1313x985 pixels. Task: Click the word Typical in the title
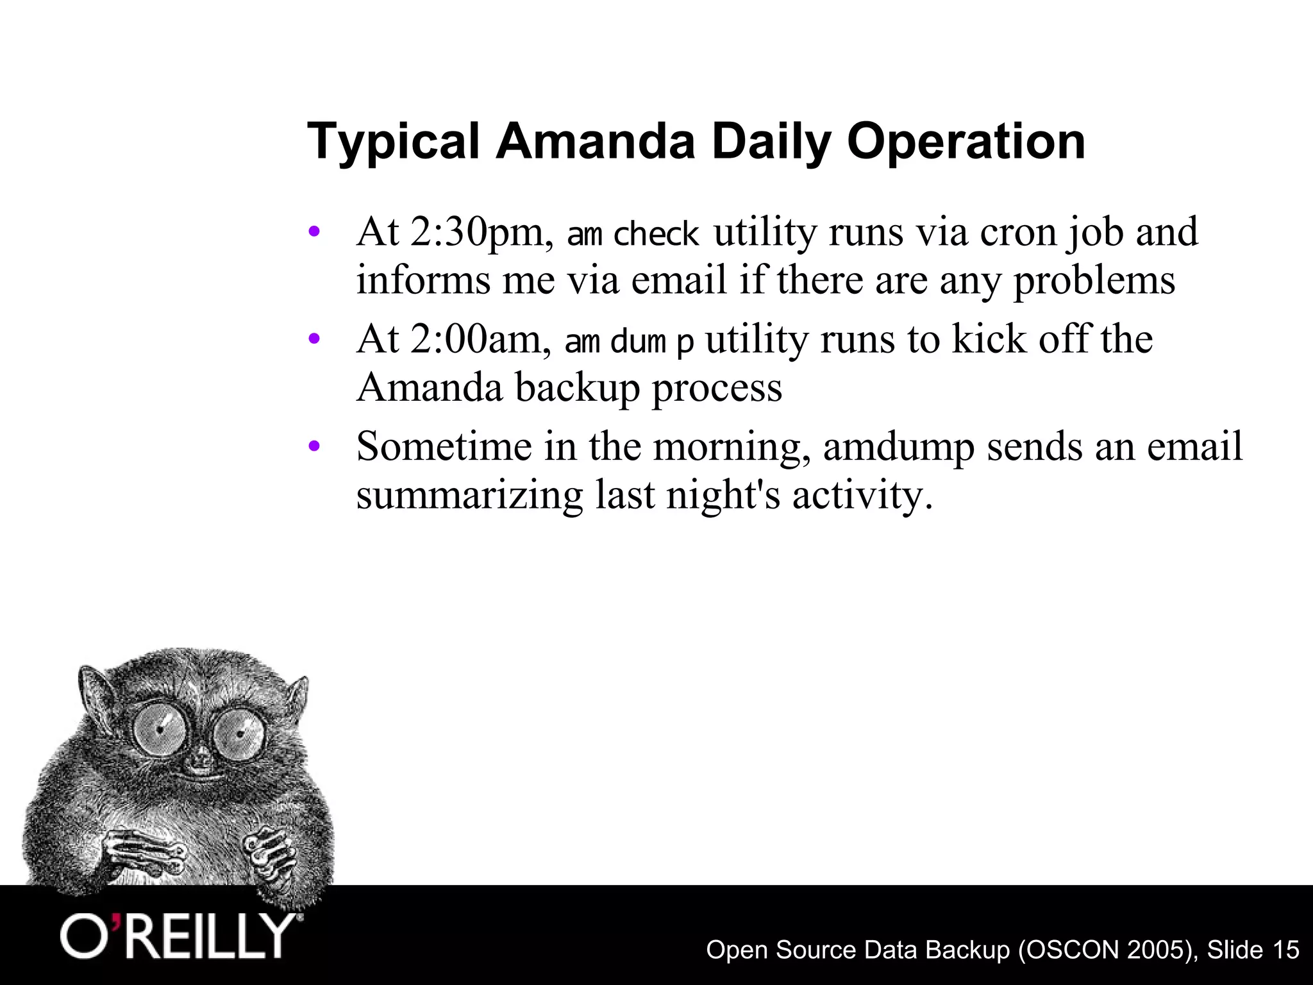[x=393, y=142]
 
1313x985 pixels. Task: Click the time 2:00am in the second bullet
[x=481, y=339]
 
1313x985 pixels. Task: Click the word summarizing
[x=469, y=496]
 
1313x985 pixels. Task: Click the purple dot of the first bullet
[x=314, y=232]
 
